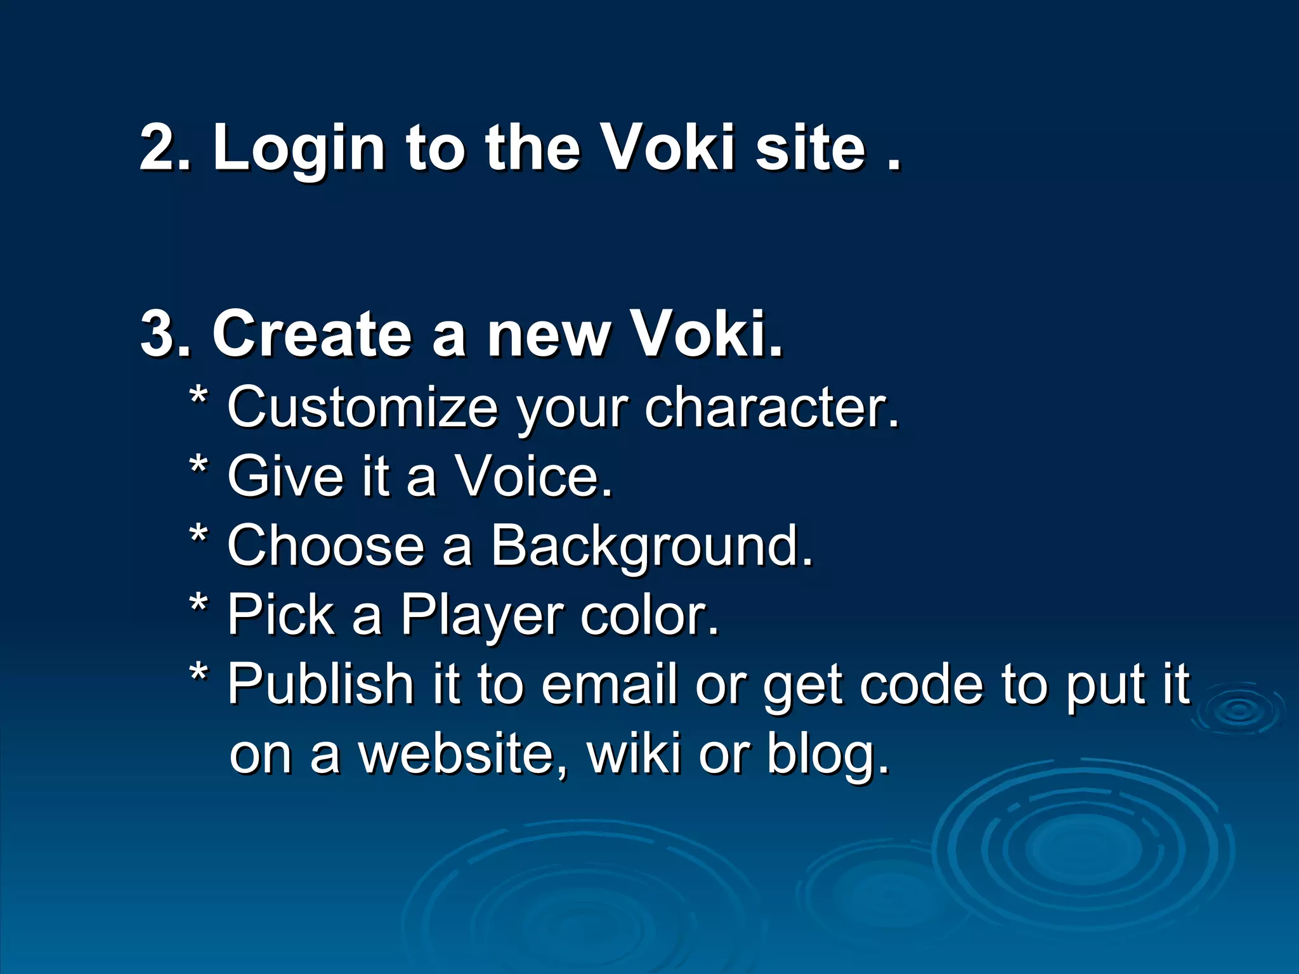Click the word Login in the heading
pos(298,148)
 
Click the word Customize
pos(363,407)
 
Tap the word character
pos(771,407)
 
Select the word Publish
pos(320,684)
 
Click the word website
pos(462,754)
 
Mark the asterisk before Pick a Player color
pos(199,606)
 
